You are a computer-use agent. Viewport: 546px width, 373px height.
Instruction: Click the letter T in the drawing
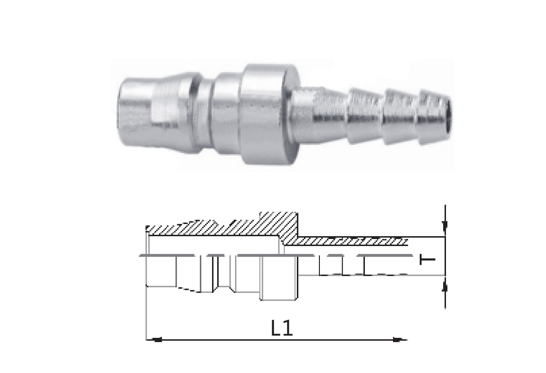tap(427, 260)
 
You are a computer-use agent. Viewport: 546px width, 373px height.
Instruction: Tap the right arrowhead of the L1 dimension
tap(399, 340)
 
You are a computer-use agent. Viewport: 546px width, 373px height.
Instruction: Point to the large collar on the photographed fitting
tap(270, 115)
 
